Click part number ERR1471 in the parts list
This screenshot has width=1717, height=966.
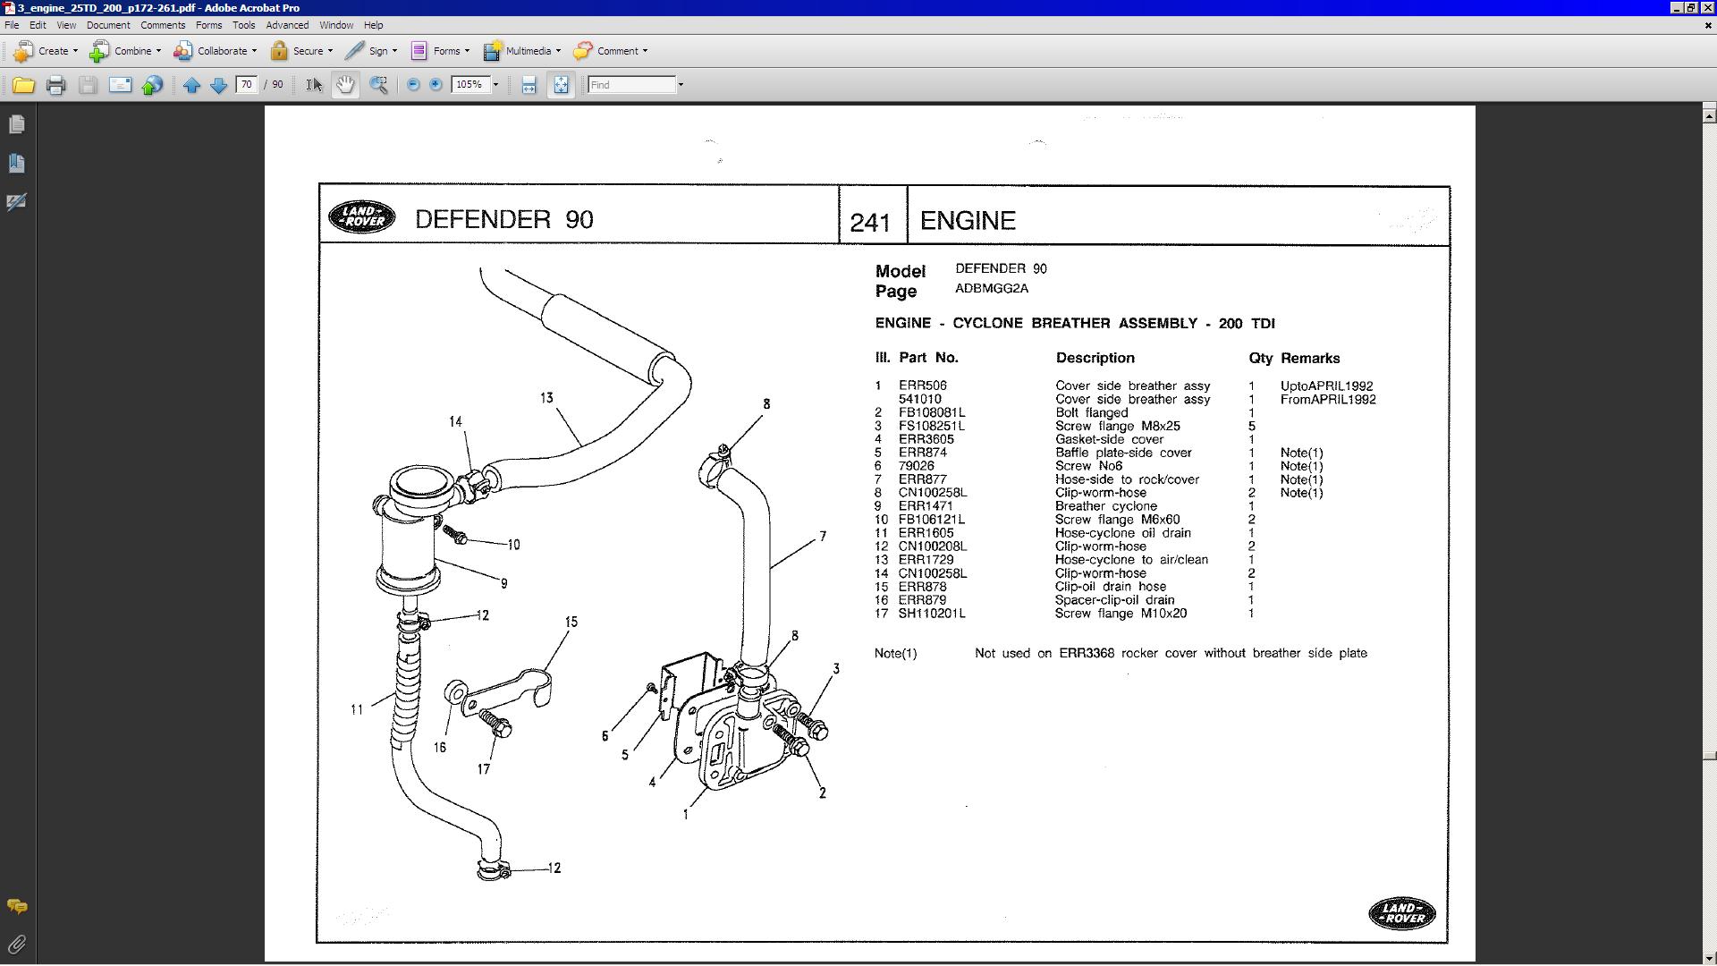click(925, 506)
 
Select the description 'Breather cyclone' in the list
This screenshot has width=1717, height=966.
click(1105, 506)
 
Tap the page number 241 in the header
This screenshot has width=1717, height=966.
click(870, 222)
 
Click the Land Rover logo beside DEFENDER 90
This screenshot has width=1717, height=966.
click(361, 216)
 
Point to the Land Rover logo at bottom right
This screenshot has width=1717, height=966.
click(1401, 913)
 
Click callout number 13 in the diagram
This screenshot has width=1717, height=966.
click(546, 398)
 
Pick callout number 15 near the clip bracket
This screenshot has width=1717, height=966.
click(571, 622)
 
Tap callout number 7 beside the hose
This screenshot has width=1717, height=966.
click(823, 537)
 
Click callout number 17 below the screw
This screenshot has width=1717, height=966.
click(484, 769)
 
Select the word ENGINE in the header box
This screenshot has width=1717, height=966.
click(968, 221)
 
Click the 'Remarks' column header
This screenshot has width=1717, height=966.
click(1310, 358)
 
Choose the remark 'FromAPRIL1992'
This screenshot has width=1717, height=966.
click(1328, 400)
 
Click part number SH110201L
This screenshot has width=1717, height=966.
click(932, 614)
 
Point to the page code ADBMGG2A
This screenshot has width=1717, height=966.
click(992, 289)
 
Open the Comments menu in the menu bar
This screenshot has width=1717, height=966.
click(163, 25)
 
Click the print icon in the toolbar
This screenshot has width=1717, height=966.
click(55, 85)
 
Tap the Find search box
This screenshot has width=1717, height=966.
click(631, 85)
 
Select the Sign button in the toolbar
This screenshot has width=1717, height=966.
click(370, 51)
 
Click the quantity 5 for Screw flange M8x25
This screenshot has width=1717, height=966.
click(1252, 427)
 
